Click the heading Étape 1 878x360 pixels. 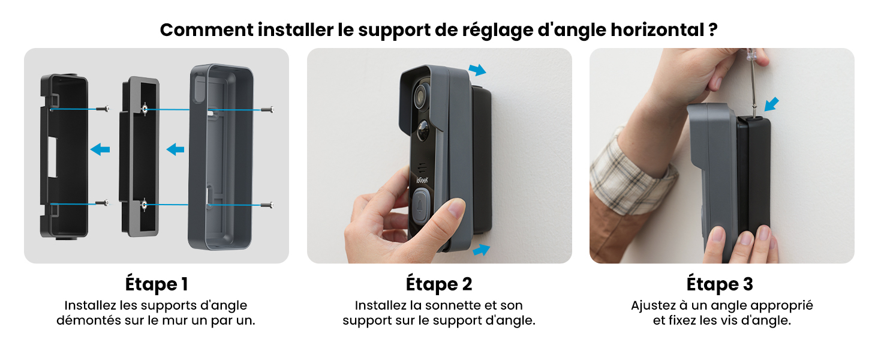tap(157, 284)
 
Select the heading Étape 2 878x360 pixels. tap(438, 284)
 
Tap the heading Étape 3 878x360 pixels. tap(720, 284)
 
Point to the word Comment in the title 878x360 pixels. tap(206, 30)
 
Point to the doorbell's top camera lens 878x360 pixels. tap(420, 94)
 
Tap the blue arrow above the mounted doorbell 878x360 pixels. tap(477, 70)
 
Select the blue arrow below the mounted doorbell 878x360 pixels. tap(482, 250)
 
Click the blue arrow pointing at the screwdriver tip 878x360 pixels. tap(771, 104)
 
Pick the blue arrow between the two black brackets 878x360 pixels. tap(100, 149)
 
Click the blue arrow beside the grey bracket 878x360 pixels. tap(175, 149)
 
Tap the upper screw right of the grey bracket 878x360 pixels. tap(267, 110)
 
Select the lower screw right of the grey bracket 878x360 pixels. tap(267, 205)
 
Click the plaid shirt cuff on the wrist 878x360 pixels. tap(627, 176)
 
